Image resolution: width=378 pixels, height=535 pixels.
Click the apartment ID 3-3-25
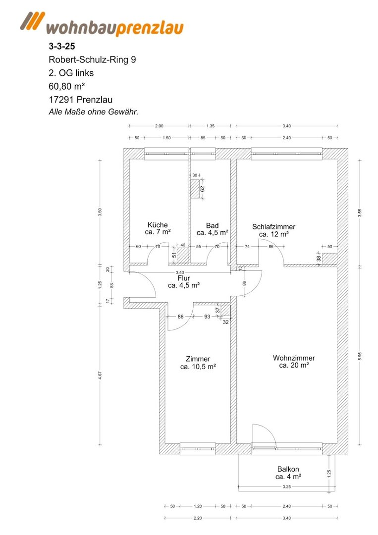(x=62, y=46)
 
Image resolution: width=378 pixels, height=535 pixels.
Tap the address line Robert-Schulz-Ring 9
(x=93, y=59)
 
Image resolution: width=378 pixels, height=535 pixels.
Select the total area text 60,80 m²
(x=67, y=86)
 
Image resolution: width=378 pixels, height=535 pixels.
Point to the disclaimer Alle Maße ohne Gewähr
(x=94, y=111)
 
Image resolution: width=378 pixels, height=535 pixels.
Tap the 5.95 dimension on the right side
(x=360, y=356)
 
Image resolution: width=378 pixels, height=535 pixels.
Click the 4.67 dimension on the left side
(x=100, y=375)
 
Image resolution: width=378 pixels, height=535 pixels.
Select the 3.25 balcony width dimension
(x=286, y=486)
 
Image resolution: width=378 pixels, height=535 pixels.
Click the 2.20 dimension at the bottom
(x=198, y=518)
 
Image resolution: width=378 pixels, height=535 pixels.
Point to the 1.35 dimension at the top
(x=211, y=126)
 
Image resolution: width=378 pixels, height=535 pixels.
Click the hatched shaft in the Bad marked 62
(x=195, y=189)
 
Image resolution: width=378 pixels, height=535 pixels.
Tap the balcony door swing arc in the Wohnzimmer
(x=264, y=434)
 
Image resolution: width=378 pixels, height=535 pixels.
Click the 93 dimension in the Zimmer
(x=207, y=317)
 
